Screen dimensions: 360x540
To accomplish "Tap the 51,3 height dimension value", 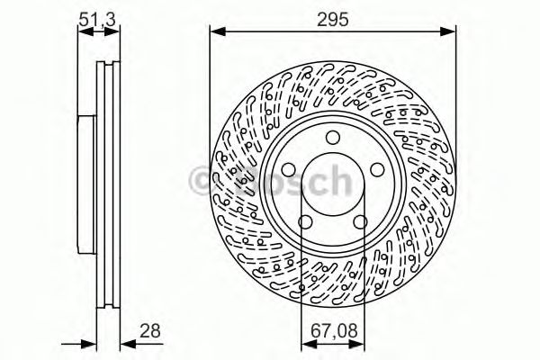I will [97, 15].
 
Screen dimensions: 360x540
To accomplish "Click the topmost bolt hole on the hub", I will [333, 137].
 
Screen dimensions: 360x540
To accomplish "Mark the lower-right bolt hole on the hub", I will [359, 221].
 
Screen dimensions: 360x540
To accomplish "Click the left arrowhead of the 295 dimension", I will [216, 31].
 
